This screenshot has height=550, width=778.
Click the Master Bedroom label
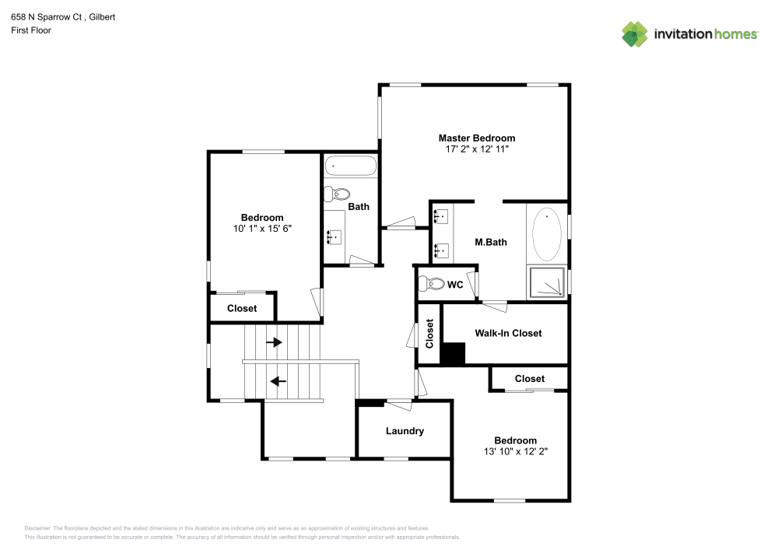476,138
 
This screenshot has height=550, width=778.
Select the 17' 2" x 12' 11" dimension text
476,149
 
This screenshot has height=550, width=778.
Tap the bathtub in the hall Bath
351,166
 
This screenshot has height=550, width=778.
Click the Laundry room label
405,431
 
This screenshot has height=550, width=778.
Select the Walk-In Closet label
508,333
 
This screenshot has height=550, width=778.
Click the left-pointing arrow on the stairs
277,381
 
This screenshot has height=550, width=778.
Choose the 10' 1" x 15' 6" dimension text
262,229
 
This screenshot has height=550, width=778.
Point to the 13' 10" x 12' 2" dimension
515,451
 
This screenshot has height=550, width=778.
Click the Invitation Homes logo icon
635,34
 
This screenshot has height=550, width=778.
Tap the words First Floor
30,30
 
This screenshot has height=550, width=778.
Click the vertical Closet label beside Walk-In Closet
429,333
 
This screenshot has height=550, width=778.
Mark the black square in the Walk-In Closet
452,354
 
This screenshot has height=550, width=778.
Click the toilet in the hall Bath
338,194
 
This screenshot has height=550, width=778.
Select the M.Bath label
491,242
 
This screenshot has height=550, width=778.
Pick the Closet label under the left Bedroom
242,309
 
